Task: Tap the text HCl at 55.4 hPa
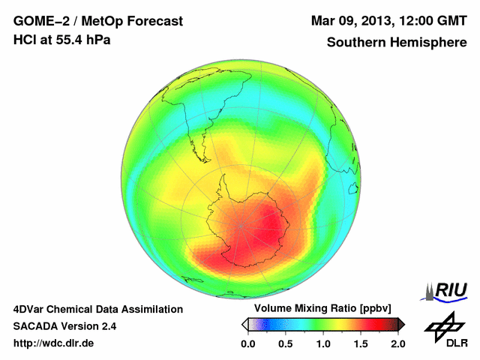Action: (x=62, y=40)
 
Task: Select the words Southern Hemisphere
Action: (x=397, y=43)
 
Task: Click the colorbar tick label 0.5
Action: (x=285, y=343)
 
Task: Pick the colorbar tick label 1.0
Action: (x=322, y=343)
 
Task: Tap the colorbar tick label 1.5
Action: (x=360, y=343)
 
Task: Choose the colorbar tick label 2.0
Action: (x=397, y=343)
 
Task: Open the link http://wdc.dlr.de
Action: (x=54, y=343)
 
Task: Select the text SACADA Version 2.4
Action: (x=64, y=326)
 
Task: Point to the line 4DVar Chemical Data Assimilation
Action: (x=97, y=309)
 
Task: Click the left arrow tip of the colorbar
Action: (x=244, y=324)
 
